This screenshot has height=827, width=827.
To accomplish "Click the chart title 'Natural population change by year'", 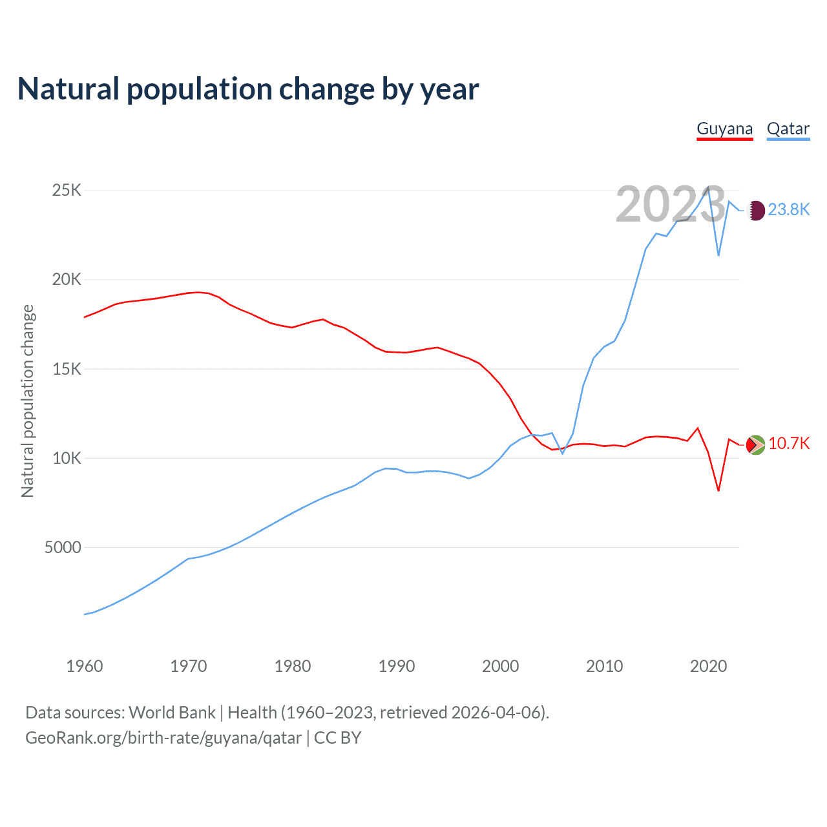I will click(x=248, y=89).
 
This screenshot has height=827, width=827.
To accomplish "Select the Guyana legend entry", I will click(x=724, y=129).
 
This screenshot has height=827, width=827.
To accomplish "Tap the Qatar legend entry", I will click(x=788, y=129).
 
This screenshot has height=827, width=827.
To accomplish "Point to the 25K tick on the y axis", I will click(x=67, y=190).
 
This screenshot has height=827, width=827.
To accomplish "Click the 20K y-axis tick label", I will click(x=67, y=279).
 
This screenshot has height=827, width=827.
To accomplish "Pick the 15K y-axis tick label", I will click(x=67, y=369).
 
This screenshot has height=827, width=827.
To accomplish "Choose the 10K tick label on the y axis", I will click(x=67, y=458).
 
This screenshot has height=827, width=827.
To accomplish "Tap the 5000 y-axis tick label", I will click(x=63, y=547).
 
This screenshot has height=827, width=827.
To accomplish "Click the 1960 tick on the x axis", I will click(x=85, y=666).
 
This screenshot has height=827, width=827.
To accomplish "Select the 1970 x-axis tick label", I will click(x=189, y=666).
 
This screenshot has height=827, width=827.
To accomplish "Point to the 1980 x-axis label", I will click(x=293, y=666).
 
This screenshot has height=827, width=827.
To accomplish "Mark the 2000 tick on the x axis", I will click(x=501, y=666).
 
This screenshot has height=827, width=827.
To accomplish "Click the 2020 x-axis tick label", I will click(x=709, y=666).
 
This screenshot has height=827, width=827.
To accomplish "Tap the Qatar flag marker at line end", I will click(x=756, y=210).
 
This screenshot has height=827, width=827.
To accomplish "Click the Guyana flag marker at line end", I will click(x=755, y=445).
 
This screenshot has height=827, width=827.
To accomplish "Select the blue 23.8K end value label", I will click(x=789, y=209).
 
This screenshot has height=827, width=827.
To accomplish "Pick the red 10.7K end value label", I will click(x=789, y=443).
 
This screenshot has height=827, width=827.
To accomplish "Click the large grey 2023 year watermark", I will click(x=671, y=204).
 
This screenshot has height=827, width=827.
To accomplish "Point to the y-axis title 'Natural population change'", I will click(x=28, y=401).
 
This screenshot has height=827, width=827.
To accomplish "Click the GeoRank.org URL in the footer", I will click(x=163, y=738).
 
